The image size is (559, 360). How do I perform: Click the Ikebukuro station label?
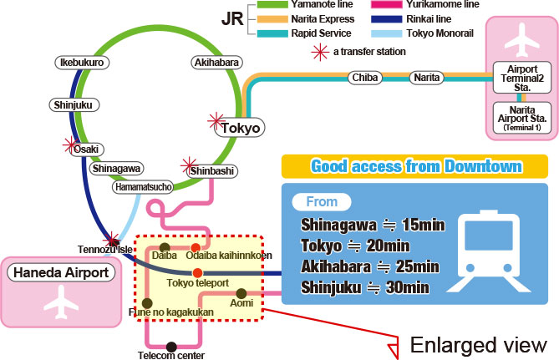click(81, 63)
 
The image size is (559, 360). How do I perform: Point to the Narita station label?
click(429, 78)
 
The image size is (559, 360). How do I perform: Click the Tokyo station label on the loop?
click(241, 128)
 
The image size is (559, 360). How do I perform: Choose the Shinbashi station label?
click(211, 170)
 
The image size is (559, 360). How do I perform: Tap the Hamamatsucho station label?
click(143, 187)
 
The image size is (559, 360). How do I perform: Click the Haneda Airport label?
click(59, 272)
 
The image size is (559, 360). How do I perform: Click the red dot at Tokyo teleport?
click(197, 273)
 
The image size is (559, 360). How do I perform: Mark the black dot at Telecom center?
click(171, 347)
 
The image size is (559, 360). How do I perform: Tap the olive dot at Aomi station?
click(242, 293)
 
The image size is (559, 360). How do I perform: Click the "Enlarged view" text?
click(478, 345)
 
